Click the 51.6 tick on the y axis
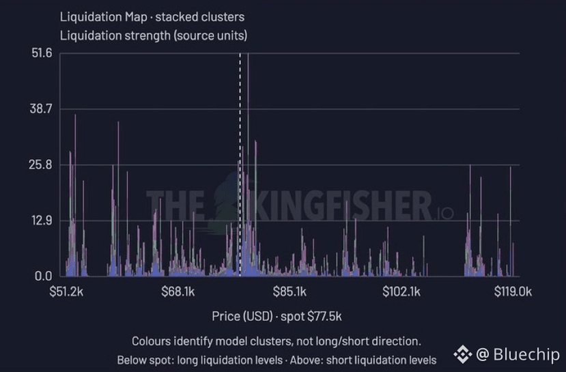42,53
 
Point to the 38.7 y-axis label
41,109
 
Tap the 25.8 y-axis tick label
41,164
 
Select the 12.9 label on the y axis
42,220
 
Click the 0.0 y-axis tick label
43,276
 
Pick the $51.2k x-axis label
66,291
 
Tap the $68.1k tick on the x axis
178,291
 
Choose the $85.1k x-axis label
289,291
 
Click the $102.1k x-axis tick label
401,291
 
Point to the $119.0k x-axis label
513,291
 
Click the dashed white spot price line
240,164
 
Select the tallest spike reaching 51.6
248,164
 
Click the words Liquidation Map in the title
104,17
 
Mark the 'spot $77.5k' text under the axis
311,317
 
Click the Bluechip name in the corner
526,354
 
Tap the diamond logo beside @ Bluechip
463,354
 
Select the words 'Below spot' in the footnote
143,360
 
